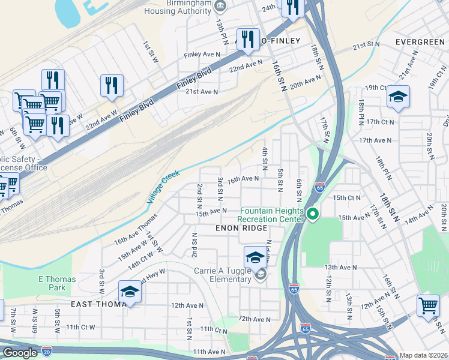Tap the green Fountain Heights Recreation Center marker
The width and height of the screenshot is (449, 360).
(312, 214)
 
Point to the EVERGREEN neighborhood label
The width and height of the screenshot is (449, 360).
(420, 42)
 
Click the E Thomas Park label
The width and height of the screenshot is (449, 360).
(57, 284)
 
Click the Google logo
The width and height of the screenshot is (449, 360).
(20, 353)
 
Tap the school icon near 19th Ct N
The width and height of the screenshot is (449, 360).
(398, 97)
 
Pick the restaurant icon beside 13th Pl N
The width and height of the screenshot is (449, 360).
(247, 39)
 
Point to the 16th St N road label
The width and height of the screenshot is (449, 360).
(279, 75)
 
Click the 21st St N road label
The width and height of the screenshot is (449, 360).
(366, 46)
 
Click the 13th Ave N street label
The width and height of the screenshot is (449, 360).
(340, 267)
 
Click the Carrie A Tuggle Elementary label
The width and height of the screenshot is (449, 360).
(222, 275)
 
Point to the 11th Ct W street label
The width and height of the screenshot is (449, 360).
(80, 327)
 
